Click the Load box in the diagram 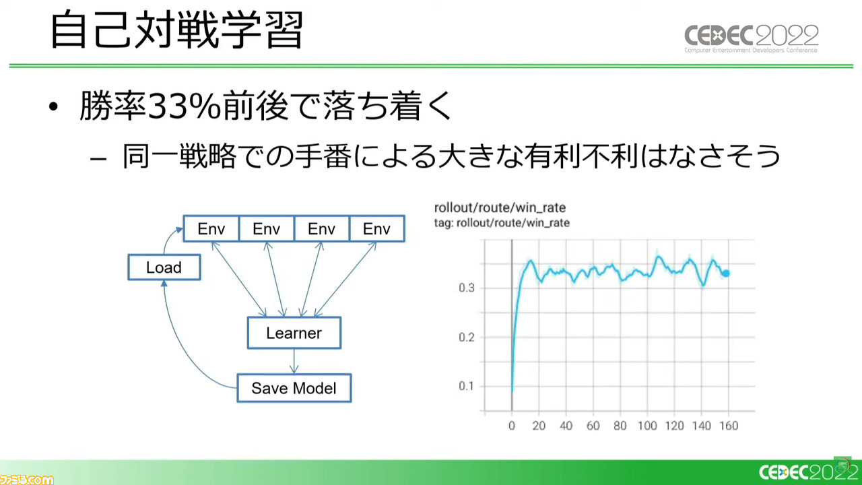(164, 267)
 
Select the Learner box (294, 333)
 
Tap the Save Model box (294, 388)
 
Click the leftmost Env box (211, 228)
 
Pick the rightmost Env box (376, 228)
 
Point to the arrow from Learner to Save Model (294, 361)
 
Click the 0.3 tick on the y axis (467, 288)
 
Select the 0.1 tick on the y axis (467, 386)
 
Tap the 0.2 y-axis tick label (467, 337)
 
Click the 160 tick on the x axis (729, 426)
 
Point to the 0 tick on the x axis (511, 426)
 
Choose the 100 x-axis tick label (647, 426)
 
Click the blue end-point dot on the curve (726, 273)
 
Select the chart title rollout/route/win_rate (500, 208)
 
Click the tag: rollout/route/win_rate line (502, 223)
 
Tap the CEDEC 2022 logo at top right (751, 38)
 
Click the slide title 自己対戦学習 (177, 30)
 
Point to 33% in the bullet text (184, 106)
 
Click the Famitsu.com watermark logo (26, 479)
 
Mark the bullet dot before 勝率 (53, 106)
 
